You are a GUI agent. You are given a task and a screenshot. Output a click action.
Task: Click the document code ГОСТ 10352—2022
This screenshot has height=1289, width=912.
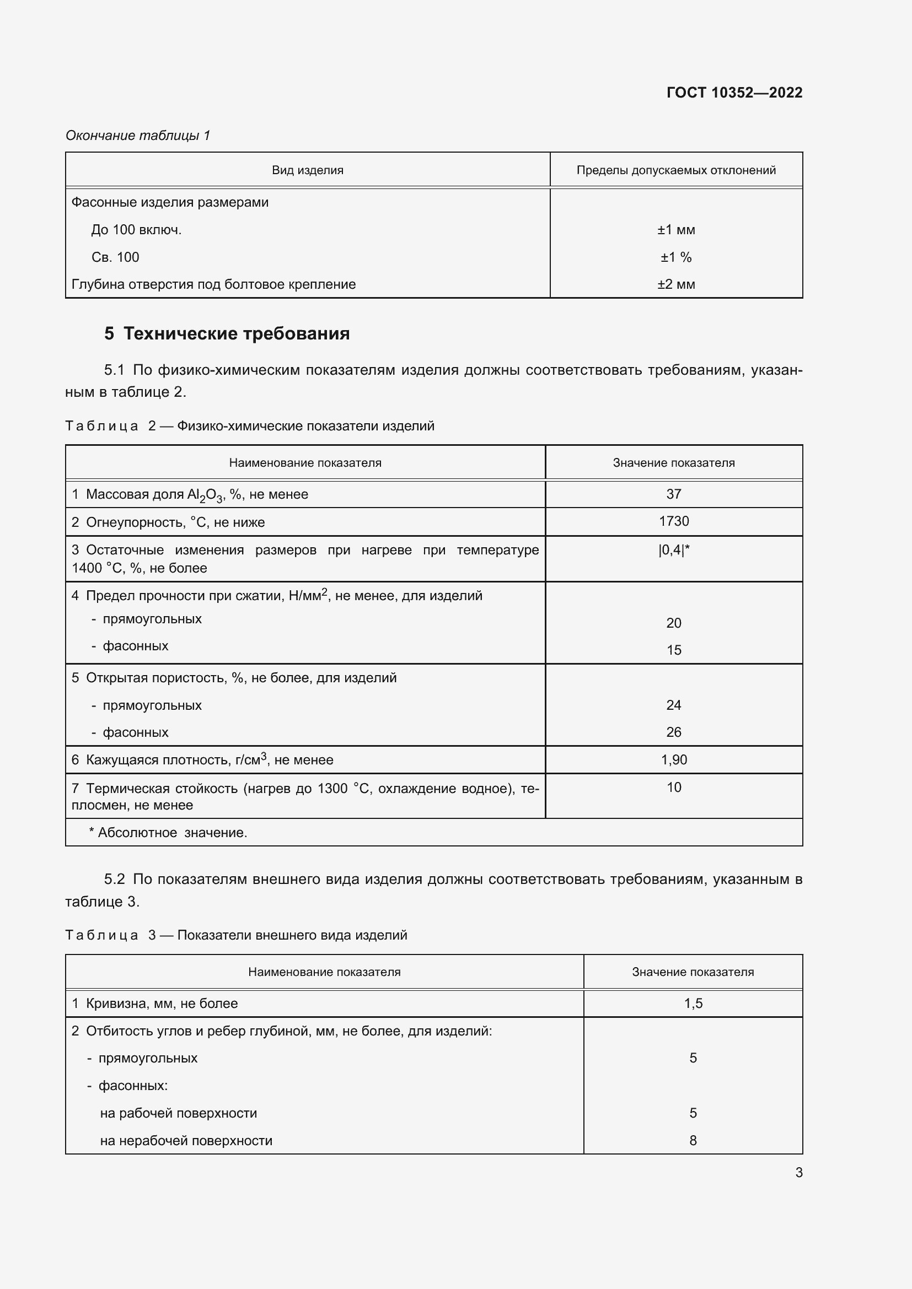pos(734,93)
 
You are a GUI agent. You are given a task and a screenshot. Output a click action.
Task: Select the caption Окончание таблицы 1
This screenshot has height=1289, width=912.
pos(138,136)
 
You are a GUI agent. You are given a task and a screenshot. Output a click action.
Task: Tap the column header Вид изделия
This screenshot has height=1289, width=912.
pos(307,170)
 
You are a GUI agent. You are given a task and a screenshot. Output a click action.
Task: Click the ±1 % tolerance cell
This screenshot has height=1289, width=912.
pos(675,257)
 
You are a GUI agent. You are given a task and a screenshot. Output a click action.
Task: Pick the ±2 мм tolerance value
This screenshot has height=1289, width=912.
pos(675,284)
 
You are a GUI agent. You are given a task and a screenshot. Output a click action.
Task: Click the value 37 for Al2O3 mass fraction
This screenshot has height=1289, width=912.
pos(673,494)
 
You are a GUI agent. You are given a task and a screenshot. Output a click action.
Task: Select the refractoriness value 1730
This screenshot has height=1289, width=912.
pos(673,521)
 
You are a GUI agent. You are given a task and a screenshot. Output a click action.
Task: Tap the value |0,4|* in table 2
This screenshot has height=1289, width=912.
pos(673,550)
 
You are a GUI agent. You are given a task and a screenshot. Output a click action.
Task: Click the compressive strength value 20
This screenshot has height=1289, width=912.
pos(673,623)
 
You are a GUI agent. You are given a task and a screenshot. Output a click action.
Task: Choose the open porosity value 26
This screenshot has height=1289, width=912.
pos(673,732)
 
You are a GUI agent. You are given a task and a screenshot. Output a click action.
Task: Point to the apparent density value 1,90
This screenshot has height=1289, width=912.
pos(673,759)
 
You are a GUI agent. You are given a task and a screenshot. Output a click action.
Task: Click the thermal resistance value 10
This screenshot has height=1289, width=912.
pos(673,787)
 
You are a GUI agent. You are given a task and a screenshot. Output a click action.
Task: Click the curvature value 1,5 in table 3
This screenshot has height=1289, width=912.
pos(693,1003)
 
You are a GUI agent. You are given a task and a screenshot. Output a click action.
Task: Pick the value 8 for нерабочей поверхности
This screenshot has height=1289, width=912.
pos(693,1140)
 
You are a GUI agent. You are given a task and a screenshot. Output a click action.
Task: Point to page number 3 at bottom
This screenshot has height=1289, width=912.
pos(798,1172)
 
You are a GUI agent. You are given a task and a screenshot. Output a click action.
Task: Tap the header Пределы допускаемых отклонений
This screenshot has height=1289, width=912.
pos(675,170)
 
